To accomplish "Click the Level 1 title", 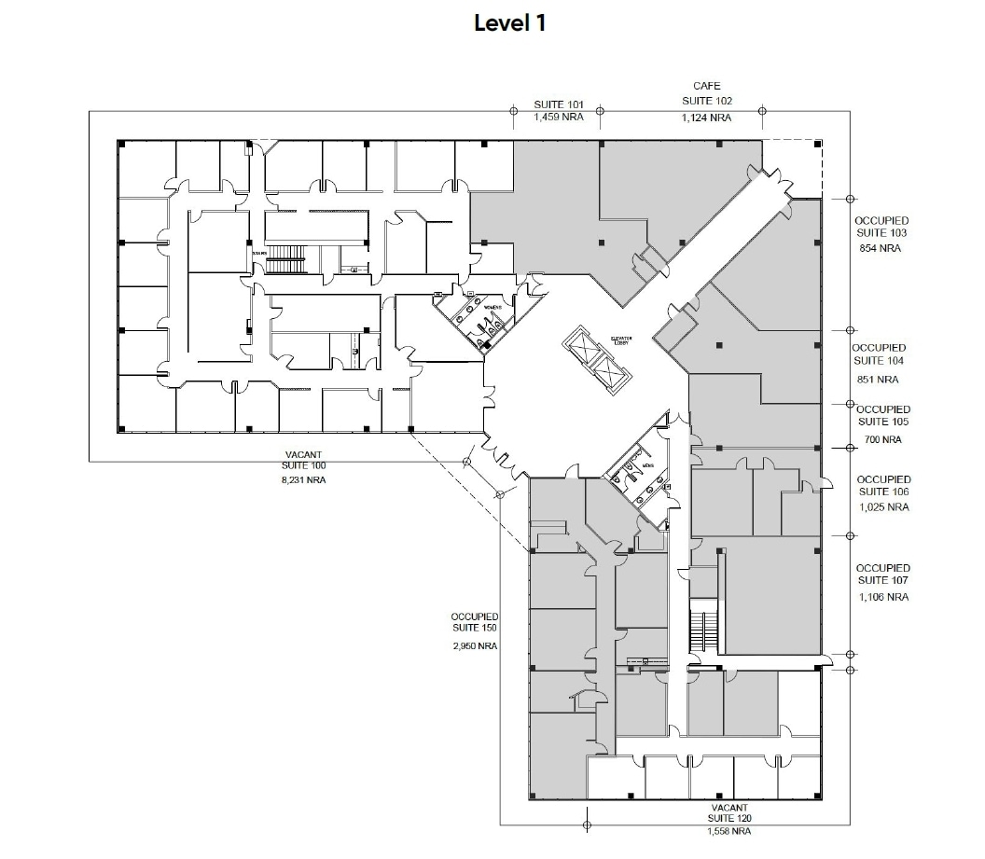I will pos(509,23).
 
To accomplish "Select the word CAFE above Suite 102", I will pos(706,87).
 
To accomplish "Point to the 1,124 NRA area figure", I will pos(706,118).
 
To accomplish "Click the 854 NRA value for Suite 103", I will pos(881,248).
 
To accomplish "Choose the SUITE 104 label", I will pos(879,360).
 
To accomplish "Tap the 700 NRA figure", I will pos(881,439).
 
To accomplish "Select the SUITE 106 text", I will pos(882,492).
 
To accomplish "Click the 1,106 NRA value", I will pos(882,597).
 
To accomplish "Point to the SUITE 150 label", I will pos(475,629).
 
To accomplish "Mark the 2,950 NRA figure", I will pos(475,645).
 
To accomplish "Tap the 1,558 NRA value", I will pos(729,831).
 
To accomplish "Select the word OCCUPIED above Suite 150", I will pos(475,617).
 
